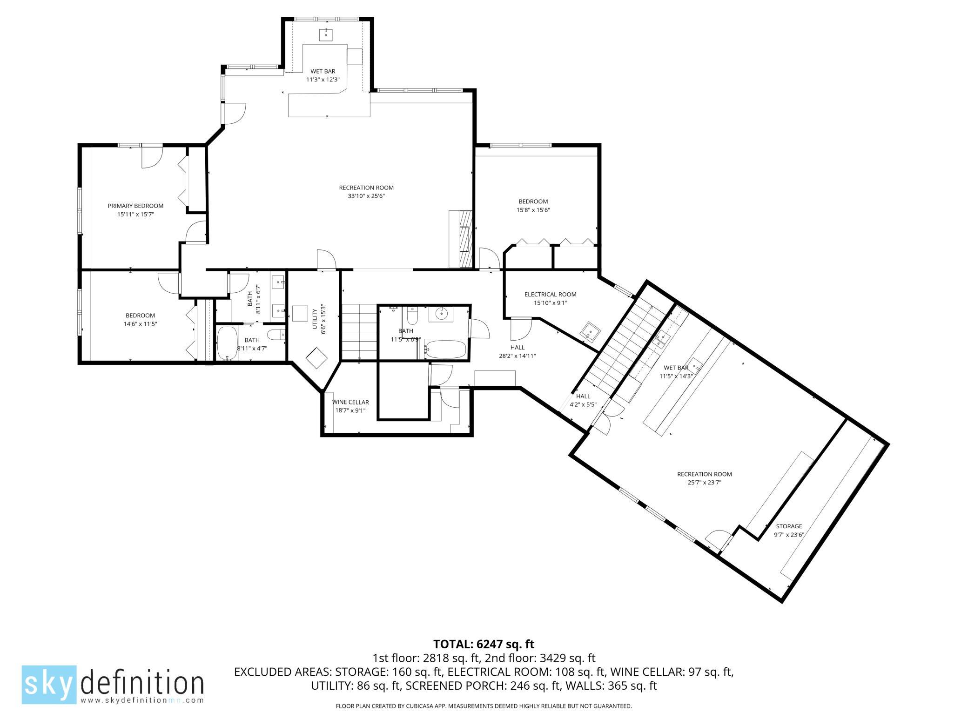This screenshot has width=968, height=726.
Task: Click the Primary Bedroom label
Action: (135, 206)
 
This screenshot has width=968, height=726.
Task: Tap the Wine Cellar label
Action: (350, 402)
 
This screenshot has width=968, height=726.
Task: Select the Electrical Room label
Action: (551, 294)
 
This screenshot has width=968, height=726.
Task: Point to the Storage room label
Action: (789, 526)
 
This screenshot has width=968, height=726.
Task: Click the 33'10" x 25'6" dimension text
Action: (366, 196)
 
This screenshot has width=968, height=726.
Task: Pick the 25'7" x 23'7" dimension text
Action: (705, 483)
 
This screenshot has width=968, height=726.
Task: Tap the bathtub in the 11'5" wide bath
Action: (445, 349)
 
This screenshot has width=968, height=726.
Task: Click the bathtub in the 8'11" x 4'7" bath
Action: (228, 343)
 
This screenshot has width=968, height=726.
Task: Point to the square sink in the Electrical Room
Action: (590, 331)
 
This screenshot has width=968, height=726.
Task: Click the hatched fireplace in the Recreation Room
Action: (466, 239)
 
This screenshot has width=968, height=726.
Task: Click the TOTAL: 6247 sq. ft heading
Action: (484, 644)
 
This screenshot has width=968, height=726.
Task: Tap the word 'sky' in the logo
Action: (49, 684)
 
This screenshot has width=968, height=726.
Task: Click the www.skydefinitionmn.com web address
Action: (142, 699)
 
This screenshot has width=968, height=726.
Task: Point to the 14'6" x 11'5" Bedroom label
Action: (140, 319)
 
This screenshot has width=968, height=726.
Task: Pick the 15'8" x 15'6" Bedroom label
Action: (533, 205)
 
